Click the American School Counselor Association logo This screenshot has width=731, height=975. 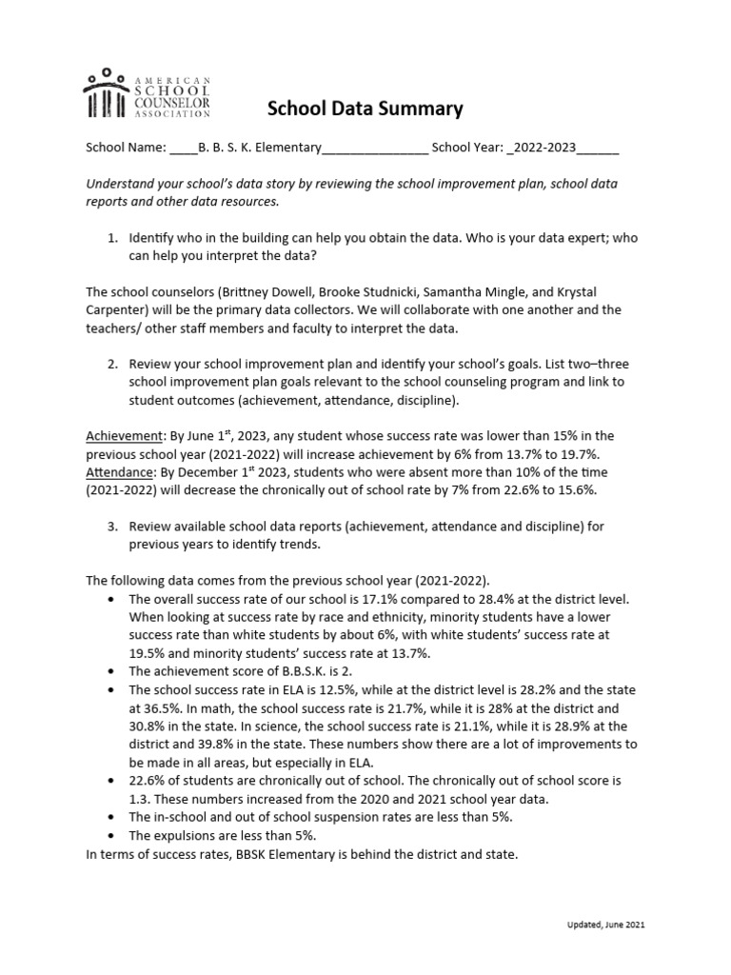(x=148, y=93)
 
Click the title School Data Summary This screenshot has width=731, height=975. (x=365, y=109)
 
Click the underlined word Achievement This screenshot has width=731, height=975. (x=126, y=436)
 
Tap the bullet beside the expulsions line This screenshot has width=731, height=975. (x=112, y=835)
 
